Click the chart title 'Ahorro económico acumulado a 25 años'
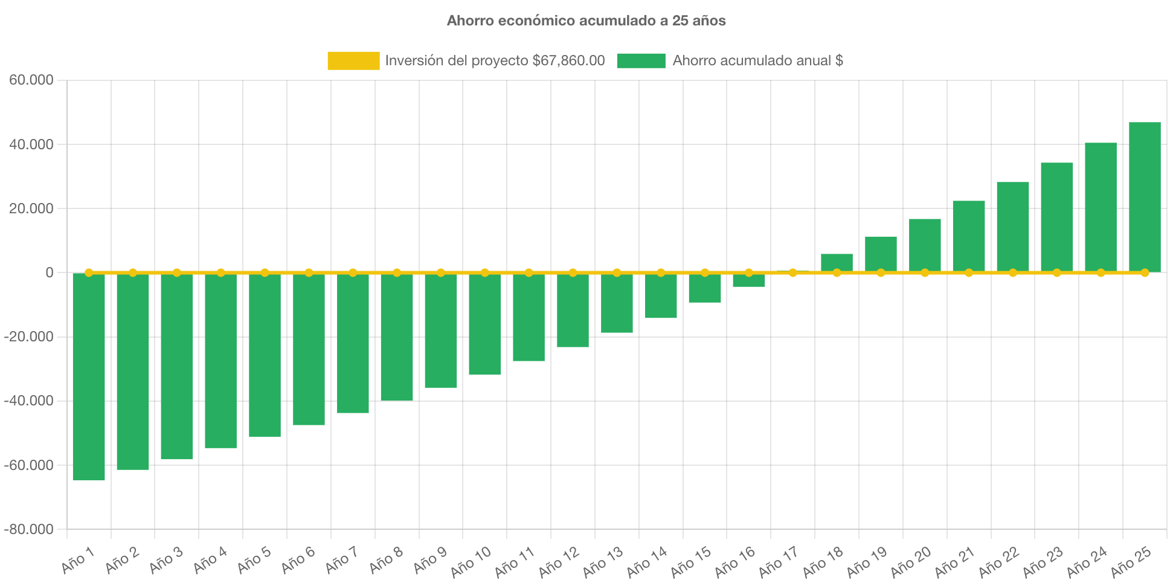coord(586,21)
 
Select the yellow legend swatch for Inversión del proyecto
coord(353,60)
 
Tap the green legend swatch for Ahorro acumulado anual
coord(641,60)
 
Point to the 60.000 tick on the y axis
coord(31,80)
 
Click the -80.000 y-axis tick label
coord(29,530)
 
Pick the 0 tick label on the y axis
coord(50,273)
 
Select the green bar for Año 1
coord(89,376)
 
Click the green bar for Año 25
coord(1145,197)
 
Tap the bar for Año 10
coord(485,324)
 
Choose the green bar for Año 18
coord(837,263)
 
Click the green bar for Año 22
coord(1013,227)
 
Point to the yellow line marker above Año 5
coord(265,272)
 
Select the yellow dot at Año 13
coord(617,272)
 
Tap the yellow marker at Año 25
coord(1145,273)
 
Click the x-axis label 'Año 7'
coord(341,560)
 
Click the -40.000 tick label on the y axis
coord(29,401)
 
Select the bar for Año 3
coord(177,366)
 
